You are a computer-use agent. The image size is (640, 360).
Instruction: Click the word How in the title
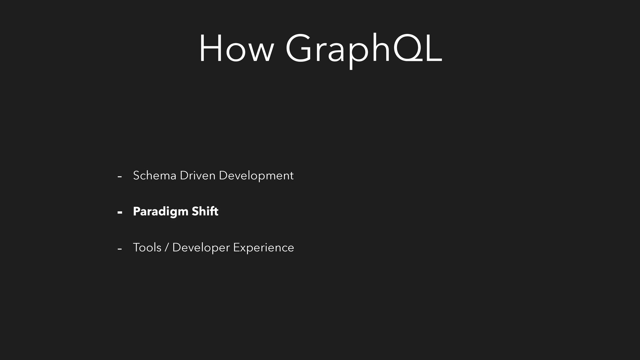(x=236, y=48)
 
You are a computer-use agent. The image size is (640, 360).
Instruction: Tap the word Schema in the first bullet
(x=154, y=175)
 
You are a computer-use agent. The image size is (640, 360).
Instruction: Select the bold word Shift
(x=205, y=211)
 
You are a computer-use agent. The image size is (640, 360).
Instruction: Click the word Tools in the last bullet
(x=147, y=247)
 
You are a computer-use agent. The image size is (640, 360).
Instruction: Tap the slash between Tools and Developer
(x=167, y=248)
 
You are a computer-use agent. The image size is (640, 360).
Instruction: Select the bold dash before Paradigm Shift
(x=120, y=212)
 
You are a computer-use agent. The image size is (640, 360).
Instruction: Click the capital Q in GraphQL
(x=405, y=48)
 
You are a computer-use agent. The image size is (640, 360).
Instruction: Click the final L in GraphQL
(x=432, y=48)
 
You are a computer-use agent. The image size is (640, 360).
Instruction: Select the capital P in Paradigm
(x=137, y=211)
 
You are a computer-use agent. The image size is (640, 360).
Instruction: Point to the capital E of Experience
(x=237, y=247)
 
